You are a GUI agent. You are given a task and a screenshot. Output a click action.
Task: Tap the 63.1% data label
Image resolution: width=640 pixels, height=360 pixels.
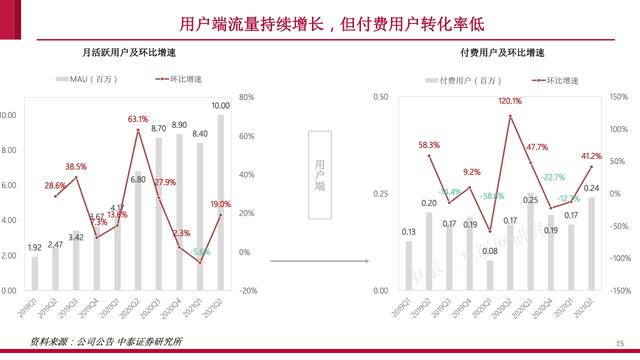[137, 119]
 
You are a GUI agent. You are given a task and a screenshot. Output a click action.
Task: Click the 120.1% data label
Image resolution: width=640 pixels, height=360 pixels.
[510, 101]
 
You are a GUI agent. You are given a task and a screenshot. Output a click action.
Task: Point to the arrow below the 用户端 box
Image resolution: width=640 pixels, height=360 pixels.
[318, 262]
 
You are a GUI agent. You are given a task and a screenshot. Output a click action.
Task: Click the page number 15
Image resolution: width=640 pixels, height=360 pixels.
[619, 341]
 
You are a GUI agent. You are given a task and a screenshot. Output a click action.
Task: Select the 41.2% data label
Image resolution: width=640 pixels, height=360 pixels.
[591, 156]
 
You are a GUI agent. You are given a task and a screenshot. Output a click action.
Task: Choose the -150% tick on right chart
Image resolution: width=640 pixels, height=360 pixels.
[617, 291]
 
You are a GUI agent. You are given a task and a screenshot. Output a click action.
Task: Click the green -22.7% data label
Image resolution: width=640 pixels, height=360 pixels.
[553, 177]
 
